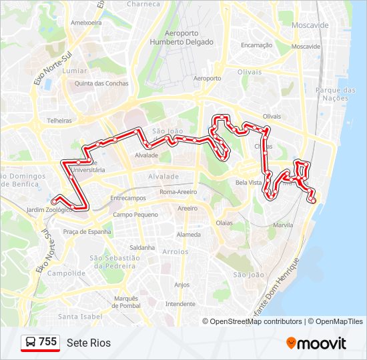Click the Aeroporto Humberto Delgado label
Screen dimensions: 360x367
191,37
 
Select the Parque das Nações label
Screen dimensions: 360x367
336,94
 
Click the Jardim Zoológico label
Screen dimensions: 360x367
49,209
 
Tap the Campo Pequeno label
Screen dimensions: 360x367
135,215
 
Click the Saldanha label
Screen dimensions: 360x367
142,247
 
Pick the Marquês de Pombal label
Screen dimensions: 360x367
125,302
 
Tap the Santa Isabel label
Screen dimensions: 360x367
79,316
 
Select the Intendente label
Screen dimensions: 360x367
179,303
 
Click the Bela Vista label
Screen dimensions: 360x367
248,182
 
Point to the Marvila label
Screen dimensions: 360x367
284,225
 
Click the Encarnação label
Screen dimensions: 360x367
257,45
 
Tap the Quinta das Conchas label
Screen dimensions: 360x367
101,83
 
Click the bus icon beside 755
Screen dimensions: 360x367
31,343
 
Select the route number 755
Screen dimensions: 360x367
47,342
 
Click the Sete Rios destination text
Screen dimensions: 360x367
89,343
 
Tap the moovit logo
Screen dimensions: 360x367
316,343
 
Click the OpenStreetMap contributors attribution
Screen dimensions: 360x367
256,321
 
